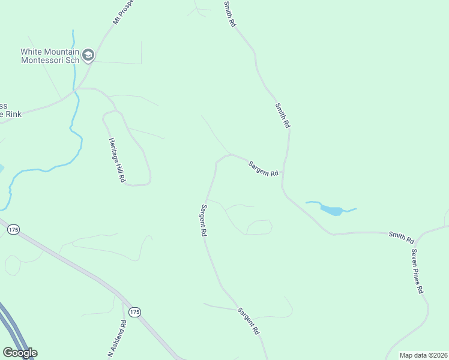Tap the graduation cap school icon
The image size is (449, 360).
88,56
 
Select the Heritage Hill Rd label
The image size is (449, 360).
116,160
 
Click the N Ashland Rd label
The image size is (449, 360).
117,339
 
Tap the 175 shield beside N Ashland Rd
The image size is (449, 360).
134,312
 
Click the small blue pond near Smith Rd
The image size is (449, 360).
331,210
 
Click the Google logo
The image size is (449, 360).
20,353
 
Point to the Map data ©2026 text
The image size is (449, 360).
423,355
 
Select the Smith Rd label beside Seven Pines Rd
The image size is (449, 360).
401,237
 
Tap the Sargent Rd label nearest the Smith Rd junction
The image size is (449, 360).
264,168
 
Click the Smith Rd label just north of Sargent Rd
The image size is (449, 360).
283,115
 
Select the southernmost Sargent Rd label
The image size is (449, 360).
248,321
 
